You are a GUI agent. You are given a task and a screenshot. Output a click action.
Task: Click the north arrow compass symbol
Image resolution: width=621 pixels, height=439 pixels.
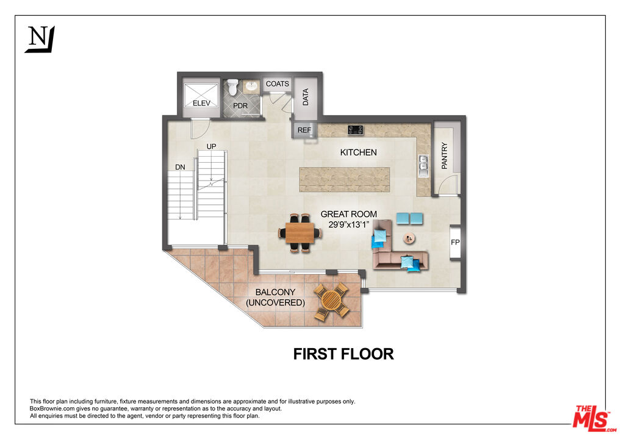tap(40, 39)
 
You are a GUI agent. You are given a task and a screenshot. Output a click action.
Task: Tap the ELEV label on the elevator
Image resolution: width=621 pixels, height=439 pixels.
tap(201, 103)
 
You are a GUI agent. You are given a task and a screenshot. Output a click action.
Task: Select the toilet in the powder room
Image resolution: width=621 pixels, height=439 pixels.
tap(232, 89)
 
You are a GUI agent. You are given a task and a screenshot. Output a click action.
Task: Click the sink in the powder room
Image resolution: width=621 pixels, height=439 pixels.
tap(251, 87)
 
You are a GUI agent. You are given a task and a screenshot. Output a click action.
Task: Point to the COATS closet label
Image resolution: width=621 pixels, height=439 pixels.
tap(277, 84)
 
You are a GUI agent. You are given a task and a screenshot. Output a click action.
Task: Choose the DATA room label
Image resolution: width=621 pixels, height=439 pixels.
tap(306, 97)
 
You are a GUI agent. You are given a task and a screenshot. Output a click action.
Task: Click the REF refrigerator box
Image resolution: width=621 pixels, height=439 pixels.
tap(304, 130)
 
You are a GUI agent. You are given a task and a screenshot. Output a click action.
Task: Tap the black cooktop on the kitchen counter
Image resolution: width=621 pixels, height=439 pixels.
tap(356, 129)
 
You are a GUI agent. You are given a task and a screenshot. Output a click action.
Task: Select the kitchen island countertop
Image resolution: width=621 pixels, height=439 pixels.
tap(344, 179)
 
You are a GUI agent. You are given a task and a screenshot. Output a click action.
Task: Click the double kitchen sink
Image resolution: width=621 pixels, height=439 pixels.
tap(422, 162)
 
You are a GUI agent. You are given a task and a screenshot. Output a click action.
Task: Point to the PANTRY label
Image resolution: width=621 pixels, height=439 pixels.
tap(444, 155)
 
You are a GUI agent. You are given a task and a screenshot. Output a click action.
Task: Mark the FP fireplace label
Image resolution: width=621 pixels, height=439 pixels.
tap(455, 243)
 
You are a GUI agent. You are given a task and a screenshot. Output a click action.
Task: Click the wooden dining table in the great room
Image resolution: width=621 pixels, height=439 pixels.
tap(300, 232)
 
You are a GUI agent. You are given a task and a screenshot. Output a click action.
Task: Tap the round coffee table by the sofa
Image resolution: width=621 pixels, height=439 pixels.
tap(409, 238)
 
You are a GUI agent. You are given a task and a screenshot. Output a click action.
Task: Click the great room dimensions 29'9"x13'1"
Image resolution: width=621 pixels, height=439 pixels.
tap(349, 224)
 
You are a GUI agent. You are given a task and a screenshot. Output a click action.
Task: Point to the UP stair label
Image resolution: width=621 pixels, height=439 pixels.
tap(212, 146)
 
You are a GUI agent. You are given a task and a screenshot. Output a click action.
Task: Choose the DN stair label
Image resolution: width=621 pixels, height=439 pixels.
tap(180, 166)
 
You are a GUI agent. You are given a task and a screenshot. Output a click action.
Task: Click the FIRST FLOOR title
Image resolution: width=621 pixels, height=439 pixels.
tap(343, 354)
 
